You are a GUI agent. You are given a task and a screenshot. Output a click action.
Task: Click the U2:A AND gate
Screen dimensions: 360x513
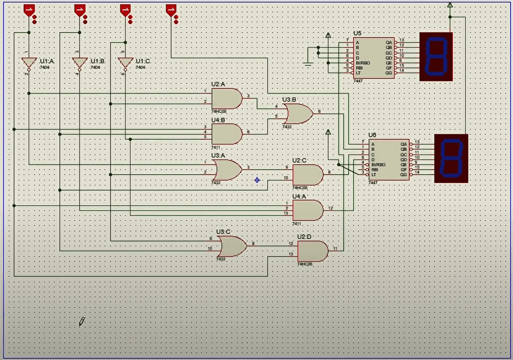coord(226,98)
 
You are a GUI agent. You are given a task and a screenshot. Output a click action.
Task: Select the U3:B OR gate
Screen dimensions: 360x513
coord(298,114)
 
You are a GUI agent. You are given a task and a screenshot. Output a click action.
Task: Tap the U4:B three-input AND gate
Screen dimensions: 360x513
coord(226,134)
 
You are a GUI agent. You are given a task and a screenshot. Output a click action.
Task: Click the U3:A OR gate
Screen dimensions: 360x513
coord(227,170)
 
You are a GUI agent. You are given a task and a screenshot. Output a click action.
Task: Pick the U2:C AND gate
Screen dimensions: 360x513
coord(307,175)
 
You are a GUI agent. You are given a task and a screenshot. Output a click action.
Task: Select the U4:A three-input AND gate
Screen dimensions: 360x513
coord(307,210)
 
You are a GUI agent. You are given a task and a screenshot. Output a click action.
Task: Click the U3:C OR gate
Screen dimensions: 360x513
coord(232,246)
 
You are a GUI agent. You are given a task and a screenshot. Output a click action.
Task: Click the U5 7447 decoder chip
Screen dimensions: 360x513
coord(374,58)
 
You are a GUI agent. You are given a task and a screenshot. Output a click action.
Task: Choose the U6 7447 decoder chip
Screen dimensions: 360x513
coord(389,159)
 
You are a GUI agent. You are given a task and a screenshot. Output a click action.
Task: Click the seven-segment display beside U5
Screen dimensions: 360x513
coord(436,56)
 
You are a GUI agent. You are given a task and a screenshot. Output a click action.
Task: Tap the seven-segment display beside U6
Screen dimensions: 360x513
coord(451,158)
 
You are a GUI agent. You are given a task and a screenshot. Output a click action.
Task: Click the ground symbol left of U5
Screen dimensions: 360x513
coord(308,64)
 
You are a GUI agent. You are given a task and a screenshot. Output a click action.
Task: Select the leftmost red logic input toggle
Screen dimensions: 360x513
coord(29,10)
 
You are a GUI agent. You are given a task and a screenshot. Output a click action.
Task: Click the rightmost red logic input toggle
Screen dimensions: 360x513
coord(171,10)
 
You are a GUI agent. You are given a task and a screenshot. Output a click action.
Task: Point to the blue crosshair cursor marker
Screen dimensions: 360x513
coord(257,180)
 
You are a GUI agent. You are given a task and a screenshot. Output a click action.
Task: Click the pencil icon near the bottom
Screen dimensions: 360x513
coord(82,321)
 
